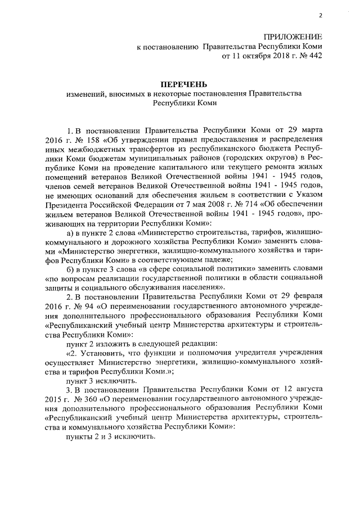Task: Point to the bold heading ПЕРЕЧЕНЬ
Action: pyautogui.click(x=179, y=84)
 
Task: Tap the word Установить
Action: pyautogui.click(x=102, y=354)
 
